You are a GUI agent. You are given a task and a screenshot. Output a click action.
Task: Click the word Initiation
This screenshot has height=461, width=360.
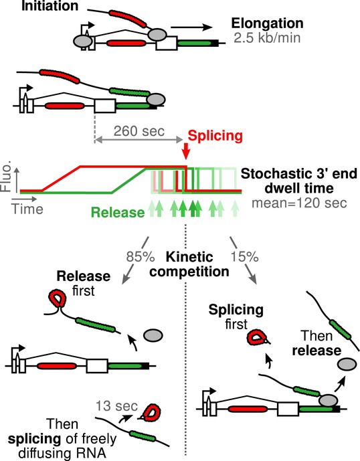50,5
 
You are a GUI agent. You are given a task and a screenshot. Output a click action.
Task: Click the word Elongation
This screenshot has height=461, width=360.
268,23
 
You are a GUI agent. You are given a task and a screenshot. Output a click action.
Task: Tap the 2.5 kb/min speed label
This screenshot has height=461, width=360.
268,38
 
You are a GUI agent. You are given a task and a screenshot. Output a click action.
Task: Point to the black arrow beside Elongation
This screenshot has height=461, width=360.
191,27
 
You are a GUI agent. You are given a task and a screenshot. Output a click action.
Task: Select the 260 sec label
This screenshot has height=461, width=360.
139,131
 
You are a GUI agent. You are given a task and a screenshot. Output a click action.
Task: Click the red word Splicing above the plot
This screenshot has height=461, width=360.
215,136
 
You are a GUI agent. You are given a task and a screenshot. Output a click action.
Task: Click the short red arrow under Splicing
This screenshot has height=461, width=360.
185,151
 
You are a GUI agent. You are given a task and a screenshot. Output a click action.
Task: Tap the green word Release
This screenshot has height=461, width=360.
118,212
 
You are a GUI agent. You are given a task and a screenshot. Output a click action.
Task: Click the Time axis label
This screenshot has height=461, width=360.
27,209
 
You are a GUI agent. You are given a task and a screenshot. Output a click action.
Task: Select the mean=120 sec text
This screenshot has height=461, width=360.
299,203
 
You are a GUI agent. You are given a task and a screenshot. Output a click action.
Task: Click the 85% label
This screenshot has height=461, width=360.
141,257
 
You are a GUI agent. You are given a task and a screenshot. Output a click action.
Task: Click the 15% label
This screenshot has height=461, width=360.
244,257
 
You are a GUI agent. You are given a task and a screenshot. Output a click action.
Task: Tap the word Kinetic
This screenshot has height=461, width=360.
189,257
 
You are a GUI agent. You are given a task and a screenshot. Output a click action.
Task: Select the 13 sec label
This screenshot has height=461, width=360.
116,406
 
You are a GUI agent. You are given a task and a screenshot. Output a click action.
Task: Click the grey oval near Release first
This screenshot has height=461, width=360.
153,335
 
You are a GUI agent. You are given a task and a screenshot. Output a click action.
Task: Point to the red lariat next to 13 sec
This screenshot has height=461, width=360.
150,412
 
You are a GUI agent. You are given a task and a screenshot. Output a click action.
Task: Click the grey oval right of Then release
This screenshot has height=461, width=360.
347,365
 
